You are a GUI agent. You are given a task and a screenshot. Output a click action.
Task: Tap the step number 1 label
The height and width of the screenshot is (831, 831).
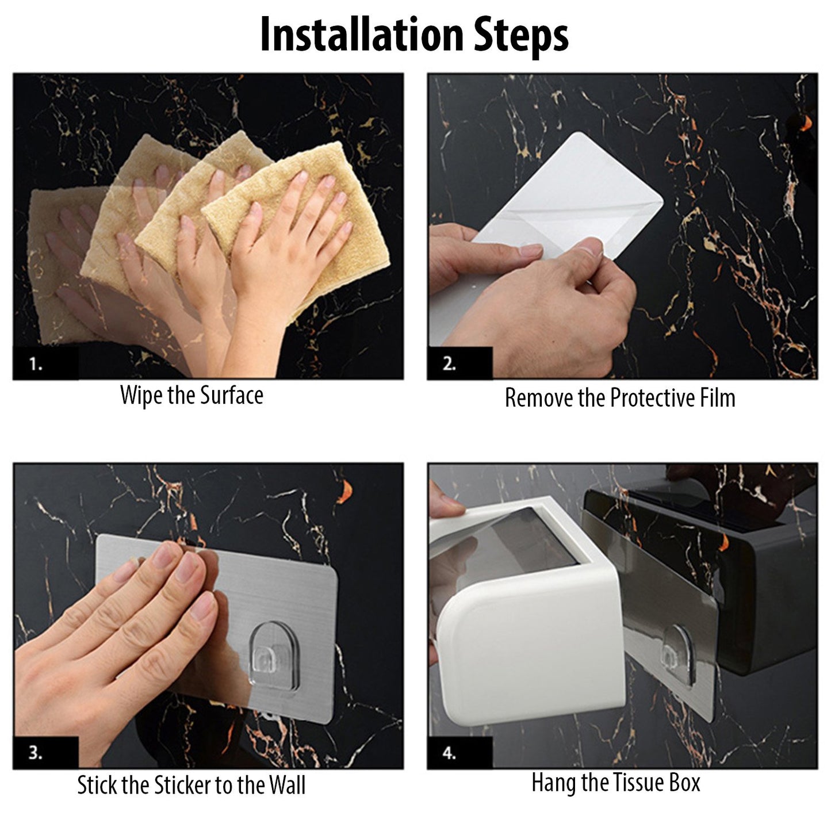click(x=36, y=364)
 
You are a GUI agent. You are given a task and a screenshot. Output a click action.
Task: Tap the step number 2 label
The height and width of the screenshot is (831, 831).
click(x=450, y=364)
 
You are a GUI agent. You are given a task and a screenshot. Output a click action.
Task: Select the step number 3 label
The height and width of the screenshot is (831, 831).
click(x=36, y=753)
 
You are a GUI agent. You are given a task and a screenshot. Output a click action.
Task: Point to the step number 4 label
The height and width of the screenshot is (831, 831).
click(x=450, y=753)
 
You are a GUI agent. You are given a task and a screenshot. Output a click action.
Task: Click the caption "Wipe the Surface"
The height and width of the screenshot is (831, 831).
click(x=192, y=396)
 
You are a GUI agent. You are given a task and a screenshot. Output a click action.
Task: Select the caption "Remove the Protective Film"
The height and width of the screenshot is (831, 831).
click(x=619, y=398)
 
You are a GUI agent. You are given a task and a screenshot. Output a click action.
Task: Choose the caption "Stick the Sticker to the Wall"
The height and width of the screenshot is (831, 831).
click(x=192, y=786)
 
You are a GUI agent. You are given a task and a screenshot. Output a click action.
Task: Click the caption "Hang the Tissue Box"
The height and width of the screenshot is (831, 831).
click(x=615, y=783)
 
